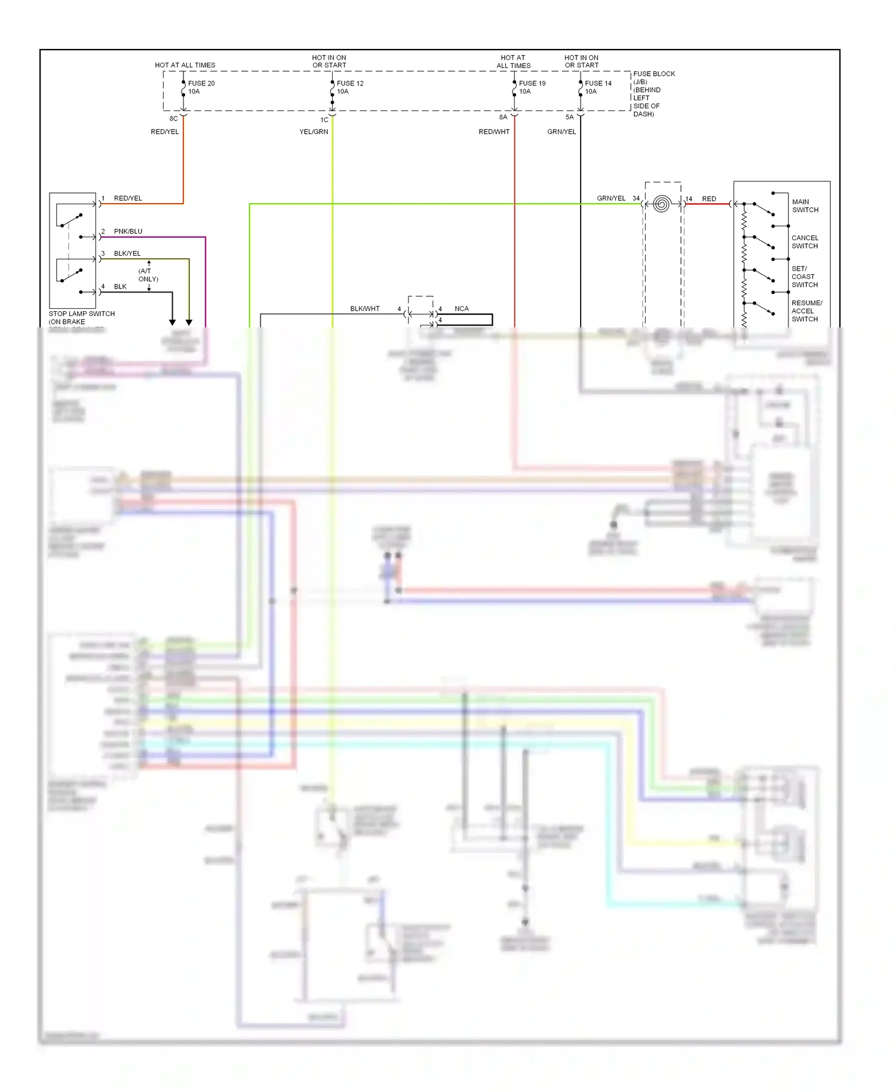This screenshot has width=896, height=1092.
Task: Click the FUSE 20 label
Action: pos(201,84)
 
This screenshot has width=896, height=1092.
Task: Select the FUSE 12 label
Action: pos(350,84)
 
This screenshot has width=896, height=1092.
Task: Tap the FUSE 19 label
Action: pos(532,84)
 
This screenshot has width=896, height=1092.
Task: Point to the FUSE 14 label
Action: pos(598,84)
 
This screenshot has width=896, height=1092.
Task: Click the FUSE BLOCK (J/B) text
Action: pos(653,78)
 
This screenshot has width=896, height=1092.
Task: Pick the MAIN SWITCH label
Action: pos(805,206)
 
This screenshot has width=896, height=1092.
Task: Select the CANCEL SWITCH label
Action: pos(805,242)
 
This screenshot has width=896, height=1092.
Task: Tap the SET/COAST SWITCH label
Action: pos(804,277)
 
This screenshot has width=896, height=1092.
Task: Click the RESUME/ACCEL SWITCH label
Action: pos(806,311)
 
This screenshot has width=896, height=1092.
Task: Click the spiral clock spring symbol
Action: pos(661,204)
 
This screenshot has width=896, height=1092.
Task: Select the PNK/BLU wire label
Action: pos(128,232)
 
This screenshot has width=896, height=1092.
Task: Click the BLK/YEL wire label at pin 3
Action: pos(127,254)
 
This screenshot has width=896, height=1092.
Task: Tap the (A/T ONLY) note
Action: pos(148,275)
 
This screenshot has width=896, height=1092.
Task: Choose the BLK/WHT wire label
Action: pos(364,309)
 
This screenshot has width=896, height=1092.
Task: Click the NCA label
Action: pos(461,309)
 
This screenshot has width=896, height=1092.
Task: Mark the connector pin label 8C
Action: pos(173,119)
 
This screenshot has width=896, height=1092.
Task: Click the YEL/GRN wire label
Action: pos(314,132)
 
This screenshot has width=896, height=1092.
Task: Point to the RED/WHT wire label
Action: pos(494,132)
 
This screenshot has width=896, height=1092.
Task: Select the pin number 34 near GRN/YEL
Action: pos(636,199)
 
